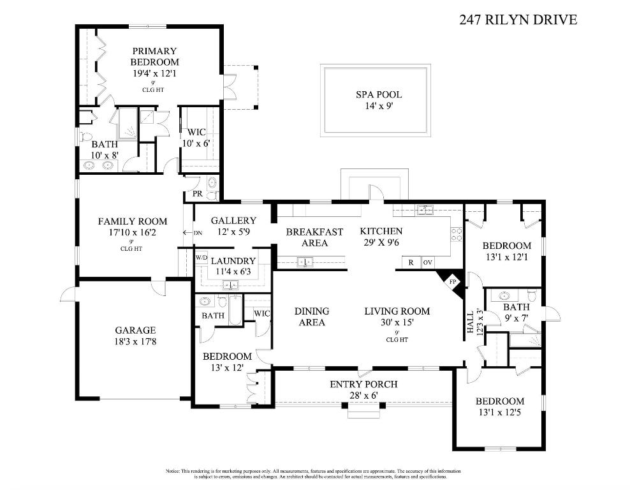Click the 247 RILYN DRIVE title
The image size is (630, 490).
(518, 20)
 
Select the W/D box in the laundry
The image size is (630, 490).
(201, 257)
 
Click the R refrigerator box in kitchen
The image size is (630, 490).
(411, 262)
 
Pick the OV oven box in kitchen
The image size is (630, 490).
(428, 262)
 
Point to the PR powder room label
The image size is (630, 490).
(198, 193)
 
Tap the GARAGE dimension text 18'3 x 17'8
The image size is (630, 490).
(135, 343)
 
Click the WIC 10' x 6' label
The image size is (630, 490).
(198, 138)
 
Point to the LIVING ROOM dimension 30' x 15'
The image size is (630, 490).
(397, 323)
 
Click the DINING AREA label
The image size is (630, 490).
(312, 316)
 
